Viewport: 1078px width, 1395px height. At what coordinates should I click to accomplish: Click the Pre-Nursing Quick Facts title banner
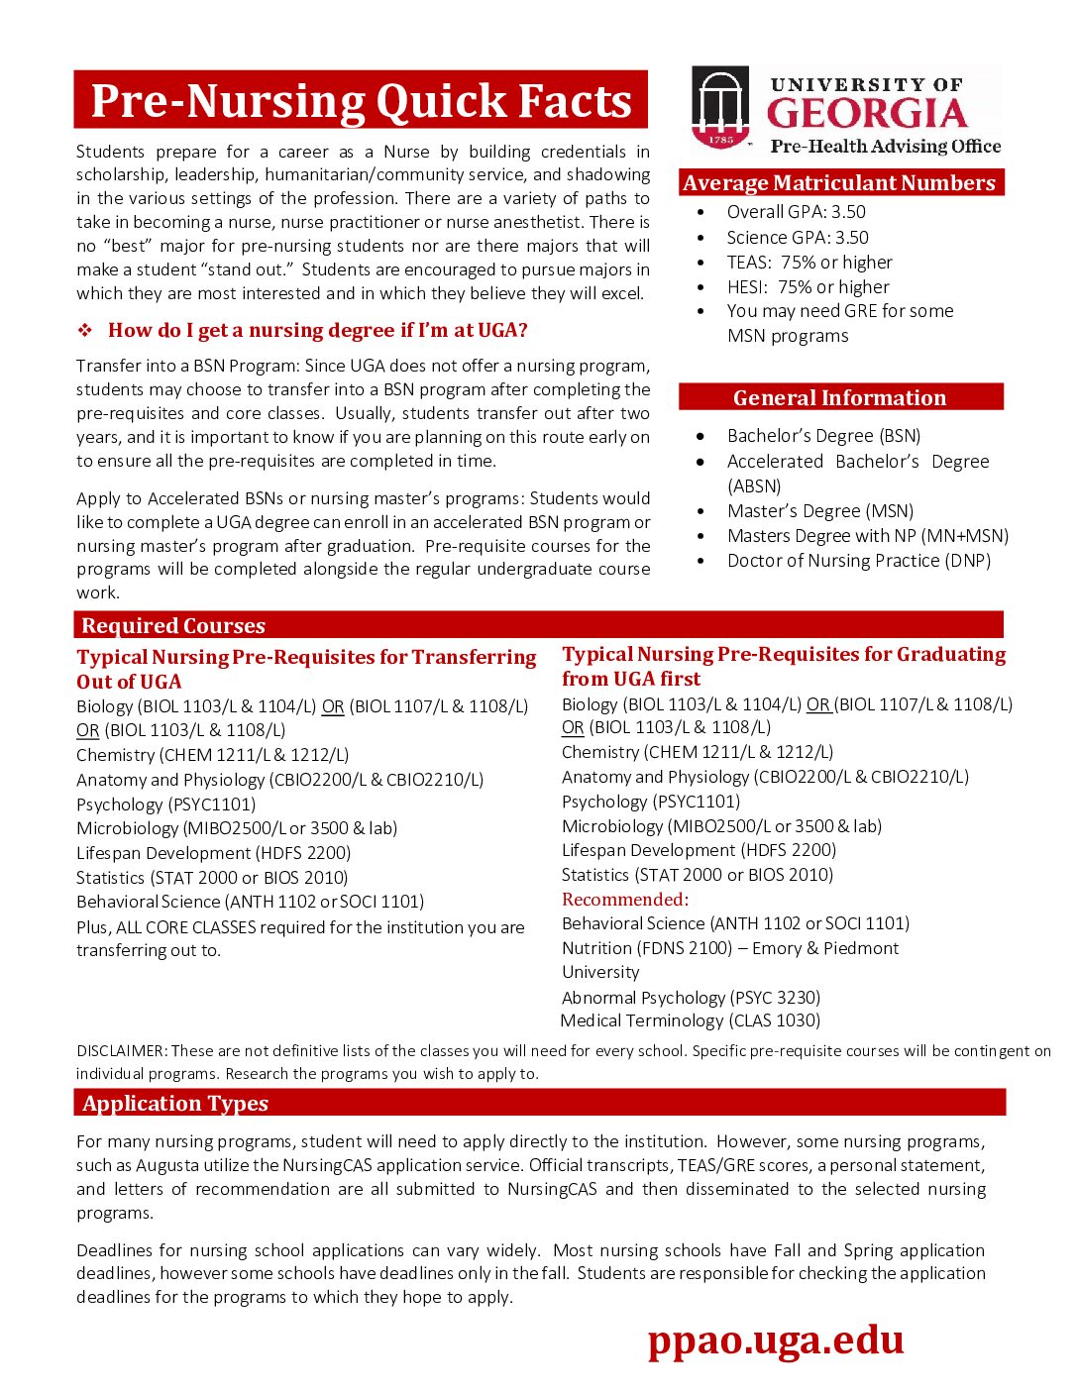(361, 100)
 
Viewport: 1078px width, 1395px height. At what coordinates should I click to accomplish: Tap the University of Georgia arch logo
(720, 107)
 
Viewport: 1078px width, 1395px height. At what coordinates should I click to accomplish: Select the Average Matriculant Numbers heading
(839, 183)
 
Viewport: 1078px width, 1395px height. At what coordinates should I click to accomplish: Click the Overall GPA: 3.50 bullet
(796, 212)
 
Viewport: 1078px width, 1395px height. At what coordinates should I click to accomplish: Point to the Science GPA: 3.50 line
(797, 238)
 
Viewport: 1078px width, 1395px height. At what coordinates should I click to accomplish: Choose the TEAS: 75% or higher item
(808, 263)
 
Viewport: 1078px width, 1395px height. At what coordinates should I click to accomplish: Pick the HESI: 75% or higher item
(808, 287)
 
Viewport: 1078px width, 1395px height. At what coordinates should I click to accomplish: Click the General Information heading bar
(840, 397)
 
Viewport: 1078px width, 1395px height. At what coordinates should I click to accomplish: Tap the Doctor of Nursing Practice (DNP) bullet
(858, 561)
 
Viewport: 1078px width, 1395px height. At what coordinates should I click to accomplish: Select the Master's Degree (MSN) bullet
(819, 511)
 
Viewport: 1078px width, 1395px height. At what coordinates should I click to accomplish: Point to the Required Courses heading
(173, 626)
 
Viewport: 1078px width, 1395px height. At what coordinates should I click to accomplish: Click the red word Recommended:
(624, 900)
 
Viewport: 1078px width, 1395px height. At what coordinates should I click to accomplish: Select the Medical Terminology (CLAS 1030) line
(691, 1020)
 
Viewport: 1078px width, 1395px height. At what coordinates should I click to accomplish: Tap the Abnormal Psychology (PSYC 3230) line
(691, 998)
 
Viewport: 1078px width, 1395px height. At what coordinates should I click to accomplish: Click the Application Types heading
(175, 1104)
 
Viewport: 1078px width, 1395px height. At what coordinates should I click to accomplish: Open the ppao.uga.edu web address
(776, 1340)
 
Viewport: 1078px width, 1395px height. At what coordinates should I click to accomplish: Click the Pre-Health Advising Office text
(885, 147)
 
